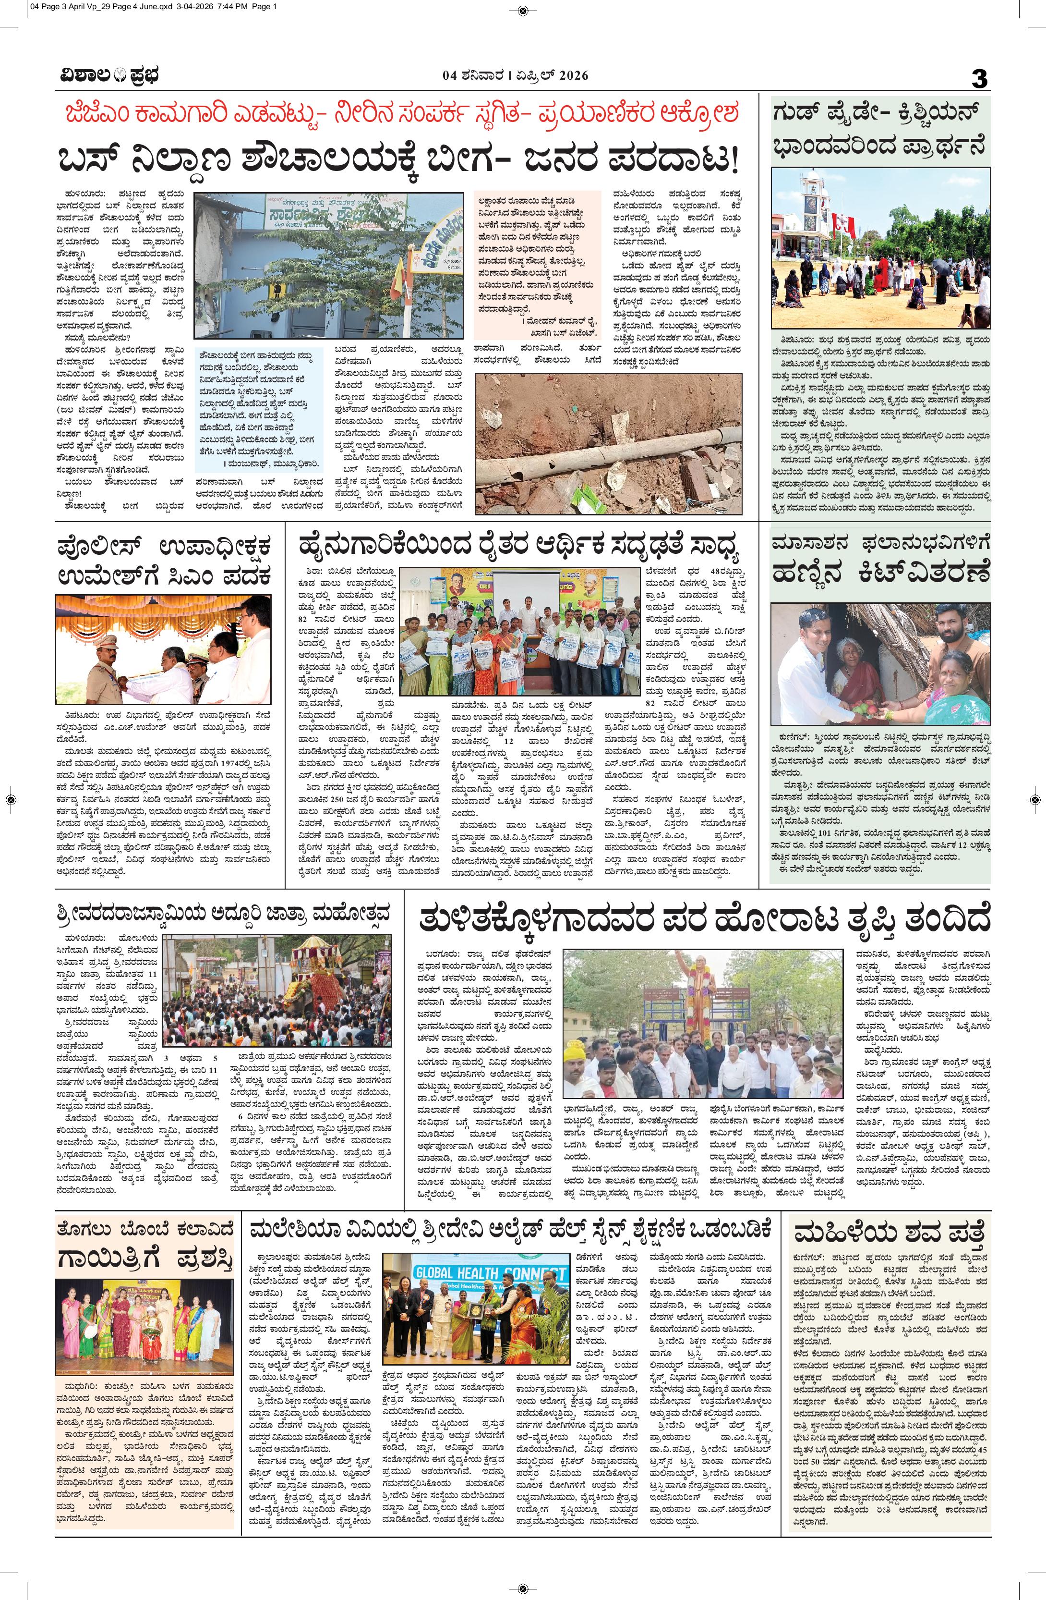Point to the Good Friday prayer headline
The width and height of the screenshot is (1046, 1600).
click(x=879, y=127)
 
